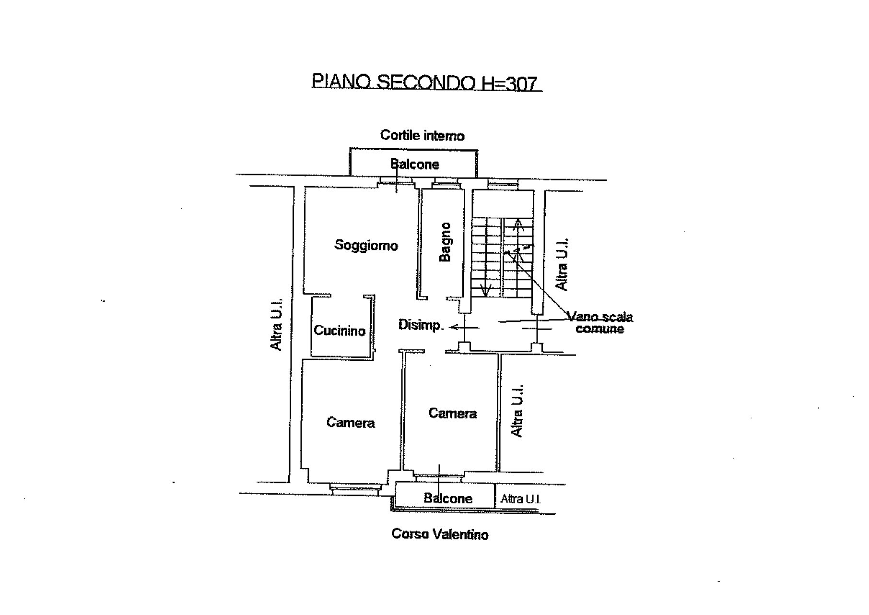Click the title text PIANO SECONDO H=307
[426, 82]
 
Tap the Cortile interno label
[423, 136]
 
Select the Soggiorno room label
[366, 246]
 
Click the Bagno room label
[446, 242]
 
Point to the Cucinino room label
[340, 331]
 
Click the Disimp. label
[421, 325]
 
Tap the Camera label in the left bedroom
[351, 423]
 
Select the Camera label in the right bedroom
[453, 414]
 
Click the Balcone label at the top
[415, 165]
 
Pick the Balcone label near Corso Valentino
[448, 498]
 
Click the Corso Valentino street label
[440, 534]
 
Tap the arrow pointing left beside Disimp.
[464, 328]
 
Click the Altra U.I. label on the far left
[276, 324]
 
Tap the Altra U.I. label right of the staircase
[561, 264]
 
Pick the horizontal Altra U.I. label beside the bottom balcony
[521, 499]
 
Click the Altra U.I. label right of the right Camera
[517, 411]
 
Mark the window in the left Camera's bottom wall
[355, 488]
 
